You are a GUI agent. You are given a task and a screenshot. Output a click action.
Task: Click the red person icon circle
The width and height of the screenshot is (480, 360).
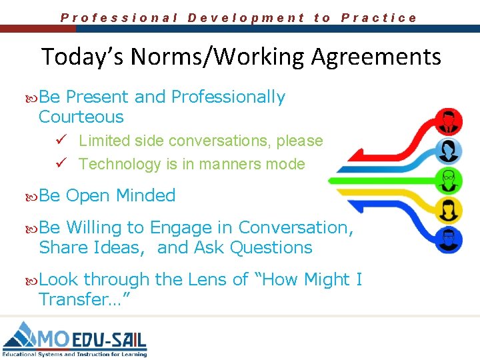[450, 121]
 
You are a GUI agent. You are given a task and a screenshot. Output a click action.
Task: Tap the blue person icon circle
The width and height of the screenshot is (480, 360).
[450, 149]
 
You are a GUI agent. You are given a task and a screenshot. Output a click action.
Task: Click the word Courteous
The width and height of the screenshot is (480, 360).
[81, 117]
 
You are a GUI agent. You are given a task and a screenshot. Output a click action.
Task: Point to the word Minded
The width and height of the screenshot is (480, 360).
[145, 196]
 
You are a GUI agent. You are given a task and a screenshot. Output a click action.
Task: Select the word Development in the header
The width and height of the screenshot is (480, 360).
[246, 18]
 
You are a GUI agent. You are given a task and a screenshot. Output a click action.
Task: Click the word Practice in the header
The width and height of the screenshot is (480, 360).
[379, 18]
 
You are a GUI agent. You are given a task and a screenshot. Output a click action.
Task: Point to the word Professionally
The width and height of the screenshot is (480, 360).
[228, 97]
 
